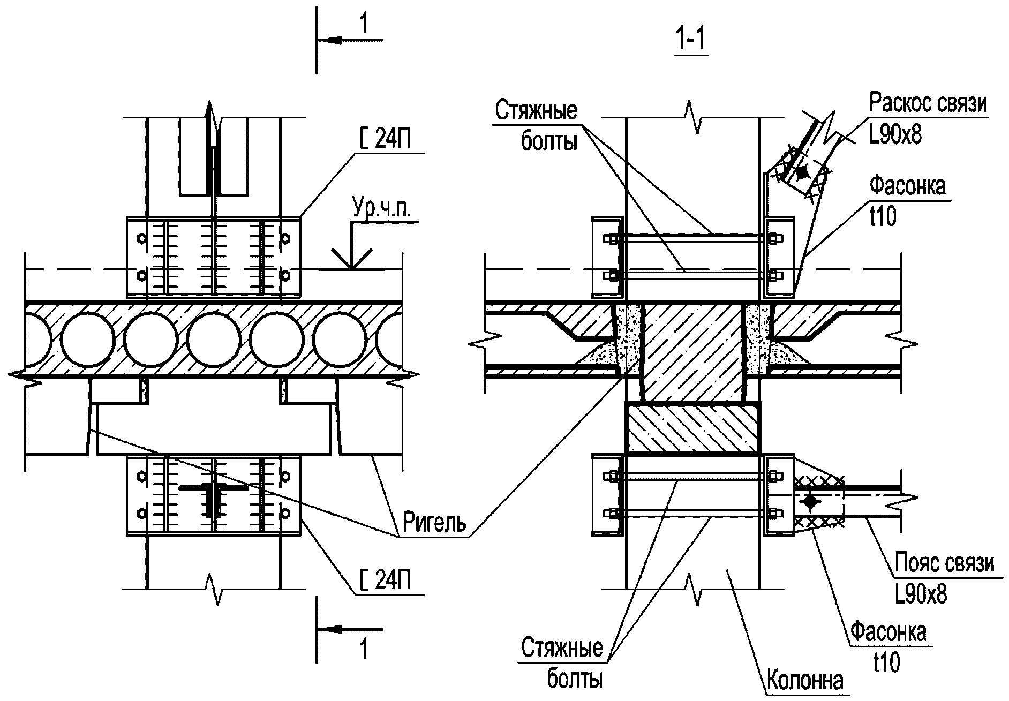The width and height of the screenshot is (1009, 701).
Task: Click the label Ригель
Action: pyautogui.click(x=434, y=522)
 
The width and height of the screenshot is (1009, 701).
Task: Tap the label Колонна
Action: pyautogui.click(x=805, y=681)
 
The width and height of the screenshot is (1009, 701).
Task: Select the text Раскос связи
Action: pyautogui.click(x=927, y=103)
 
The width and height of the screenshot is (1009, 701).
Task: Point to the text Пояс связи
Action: pyautogui.click(x=944, y=563)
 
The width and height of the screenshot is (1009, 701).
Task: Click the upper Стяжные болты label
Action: pyautogui.click(x=536, y=126)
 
